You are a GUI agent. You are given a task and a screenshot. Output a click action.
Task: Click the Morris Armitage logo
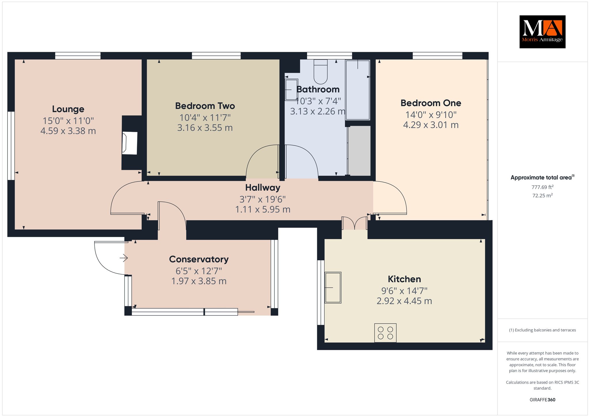[542, 32]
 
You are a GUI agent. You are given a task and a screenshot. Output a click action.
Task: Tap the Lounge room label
[68, 109]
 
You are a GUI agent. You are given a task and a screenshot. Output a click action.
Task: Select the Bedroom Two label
[205, 106]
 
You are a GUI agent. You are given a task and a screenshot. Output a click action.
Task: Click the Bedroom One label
[431, 103]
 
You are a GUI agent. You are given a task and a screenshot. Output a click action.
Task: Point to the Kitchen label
[404, 279]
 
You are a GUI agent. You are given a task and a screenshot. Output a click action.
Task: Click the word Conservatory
[199, 259]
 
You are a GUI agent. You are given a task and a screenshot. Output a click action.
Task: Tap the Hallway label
[263, 188]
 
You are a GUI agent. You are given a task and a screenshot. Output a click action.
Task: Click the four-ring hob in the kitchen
[385, 333]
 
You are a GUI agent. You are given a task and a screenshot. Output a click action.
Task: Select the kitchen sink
[333, 287]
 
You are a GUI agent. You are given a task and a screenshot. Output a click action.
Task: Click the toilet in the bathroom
[321, 72]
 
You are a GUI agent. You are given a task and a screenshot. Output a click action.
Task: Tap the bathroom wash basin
[291, 90]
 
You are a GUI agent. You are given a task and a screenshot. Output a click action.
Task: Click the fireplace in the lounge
[130, 143]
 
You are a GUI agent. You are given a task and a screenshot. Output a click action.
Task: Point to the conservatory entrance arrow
[124, 258]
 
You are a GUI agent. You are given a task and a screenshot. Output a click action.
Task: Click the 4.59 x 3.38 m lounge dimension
[68, 131]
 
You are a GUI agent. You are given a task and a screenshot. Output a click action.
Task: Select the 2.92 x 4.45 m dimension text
[404, 301]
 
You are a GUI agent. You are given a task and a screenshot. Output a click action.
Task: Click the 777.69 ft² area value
[542, 187]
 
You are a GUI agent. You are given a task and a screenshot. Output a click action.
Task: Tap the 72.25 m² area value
[542, 196]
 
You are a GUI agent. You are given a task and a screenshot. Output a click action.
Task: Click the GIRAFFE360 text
[542, 400]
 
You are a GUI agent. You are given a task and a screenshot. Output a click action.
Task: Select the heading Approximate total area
[542, 178]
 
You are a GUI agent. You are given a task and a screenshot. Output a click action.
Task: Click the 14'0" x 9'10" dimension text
[431, 115]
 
